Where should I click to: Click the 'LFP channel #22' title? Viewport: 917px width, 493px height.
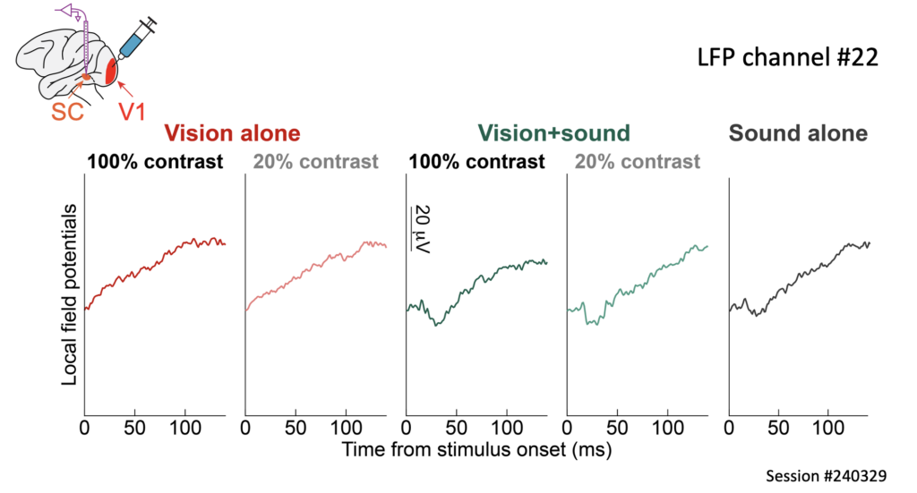[788, 58]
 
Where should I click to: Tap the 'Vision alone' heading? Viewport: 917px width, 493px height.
[232, 133]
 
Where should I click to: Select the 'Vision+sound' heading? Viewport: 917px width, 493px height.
[553, 133]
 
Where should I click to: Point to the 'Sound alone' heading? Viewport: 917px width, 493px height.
[798, 133]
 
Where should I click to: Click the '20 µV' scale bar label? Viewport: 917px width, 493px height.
[421, 229]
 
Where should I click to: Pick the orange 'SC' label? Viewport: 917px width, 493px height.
[67, 112]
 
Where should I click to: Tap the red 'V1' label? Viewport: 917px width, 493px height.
[132, 112]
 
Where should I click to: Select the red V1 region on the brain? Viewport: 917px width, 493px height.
[110, 71]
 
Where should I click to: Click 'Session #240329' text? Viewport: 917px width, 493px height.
[826, 476]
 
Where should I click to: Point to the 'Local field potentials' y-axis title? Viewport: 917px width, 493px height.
[69, 295]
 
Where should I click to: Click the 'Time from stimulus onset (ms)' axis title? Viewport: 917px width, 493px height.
[476, 450]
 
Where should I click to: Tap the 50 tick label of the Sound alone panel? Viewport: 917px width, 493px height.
[778, 429]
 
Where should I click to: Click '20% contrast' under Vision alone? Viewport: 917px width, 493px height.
[316, 162]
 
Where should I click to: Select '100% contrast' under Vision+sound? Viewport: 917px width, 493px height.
[476, 162]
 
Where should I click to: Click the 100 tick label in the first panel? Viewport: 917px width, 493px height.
[185, 429]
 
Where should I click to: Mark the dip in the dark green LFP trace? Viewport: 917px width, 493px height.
[436, 324]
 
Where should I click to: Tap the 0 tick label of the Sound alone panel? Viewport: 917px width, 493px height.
[729, 429]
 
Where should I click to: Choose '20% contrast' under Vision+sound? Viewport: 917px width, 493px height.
[638, 162]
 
